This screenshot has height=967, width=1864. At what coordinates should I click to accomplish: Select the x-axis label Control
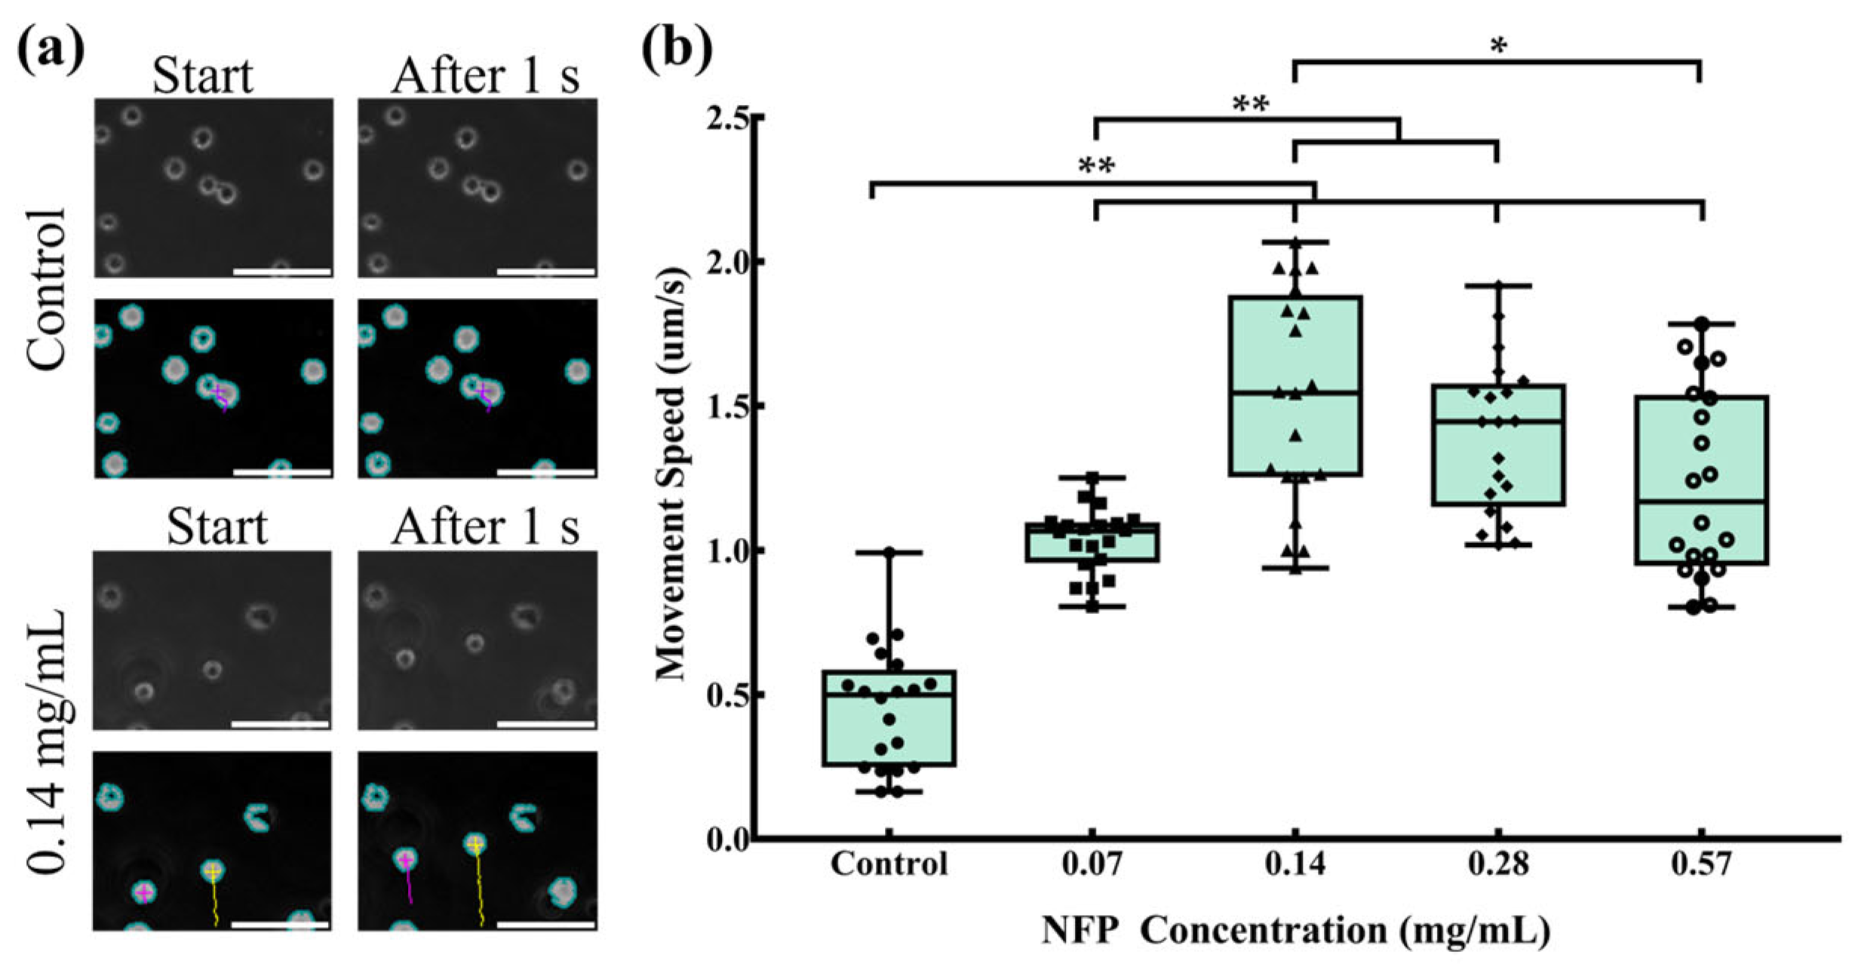[889, 864]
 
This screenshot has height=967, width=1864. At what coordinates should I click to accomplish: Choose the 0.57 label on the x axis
[1701, 864]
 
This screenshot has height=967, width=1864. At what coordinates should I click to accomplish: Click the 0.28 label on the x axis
[1497, 864]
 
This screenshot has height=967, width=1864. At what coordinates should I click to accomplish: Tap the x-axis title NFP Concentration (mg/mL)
[1295, 931]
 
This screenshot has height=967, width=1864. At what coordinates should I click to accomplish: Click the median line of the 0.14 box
[1295, 392]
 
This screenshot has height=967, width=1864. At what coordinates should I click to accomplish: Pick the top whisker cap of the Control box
[889, 553]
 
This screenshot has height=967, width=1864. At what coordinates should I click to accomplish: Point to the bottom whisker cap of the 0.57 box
[1701, 607]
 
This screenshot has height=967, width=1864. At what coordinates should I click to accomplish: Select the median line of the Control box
[889, 694]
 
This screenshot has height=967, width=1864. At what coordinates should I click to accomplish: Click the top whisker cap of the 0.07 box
[1092, 477]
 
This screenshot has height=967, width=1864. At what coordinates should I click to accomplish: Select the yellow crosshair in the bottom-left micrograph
[213, 871]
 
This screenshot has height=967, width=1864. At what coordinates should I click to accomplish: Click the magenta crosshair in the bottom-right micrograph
[406, 860]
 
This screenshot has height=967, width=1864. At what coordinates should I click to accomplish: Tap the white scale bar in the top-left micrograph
[282, 271]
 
